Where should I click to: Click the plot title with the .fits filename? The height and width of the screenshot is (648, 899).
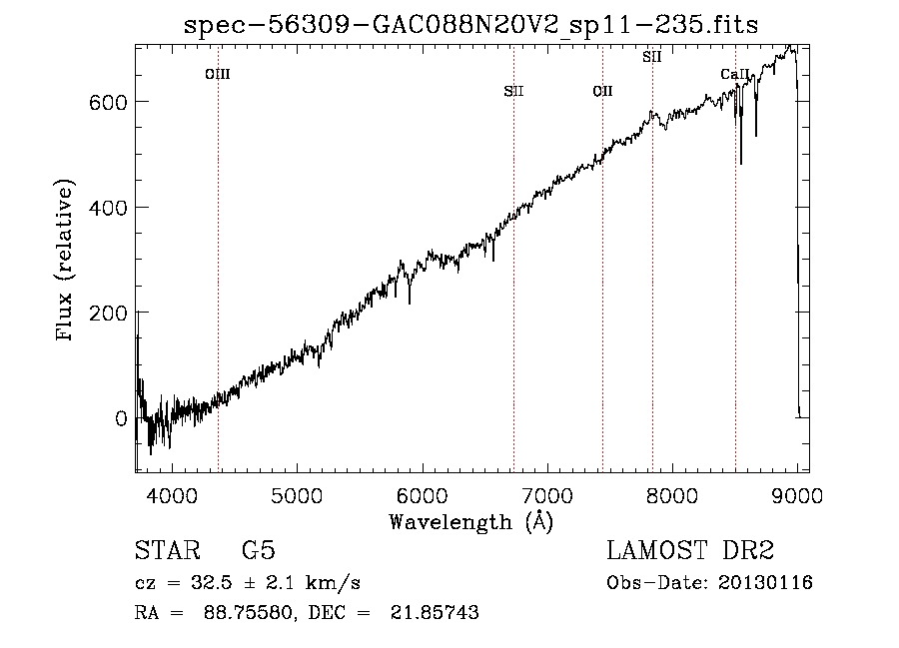coord(471,25)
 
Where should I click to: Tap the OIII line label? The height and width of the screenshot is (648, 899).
coord(218,74)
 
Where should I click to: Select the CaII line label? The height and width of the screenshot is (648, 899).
coord(734,75)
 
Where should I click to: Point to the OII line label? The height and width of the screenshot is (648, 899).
coord(602,92)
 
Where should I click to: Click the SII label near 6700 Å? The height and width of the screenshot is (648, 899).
coord(513,92)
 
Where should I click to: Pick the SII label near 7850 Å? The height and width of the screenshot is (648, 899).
coord(651,57)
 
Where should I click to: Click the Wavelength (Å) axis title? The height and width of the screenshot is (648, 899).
coord(470,521)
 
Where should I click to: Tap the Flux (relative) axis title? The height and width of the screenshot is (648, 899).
coord(67,261)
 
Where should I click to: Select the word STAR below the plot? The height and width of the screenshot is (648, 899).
coord(166,551)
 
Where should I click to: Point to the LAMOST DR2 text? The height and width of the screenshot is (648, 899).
coord(690,551)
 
